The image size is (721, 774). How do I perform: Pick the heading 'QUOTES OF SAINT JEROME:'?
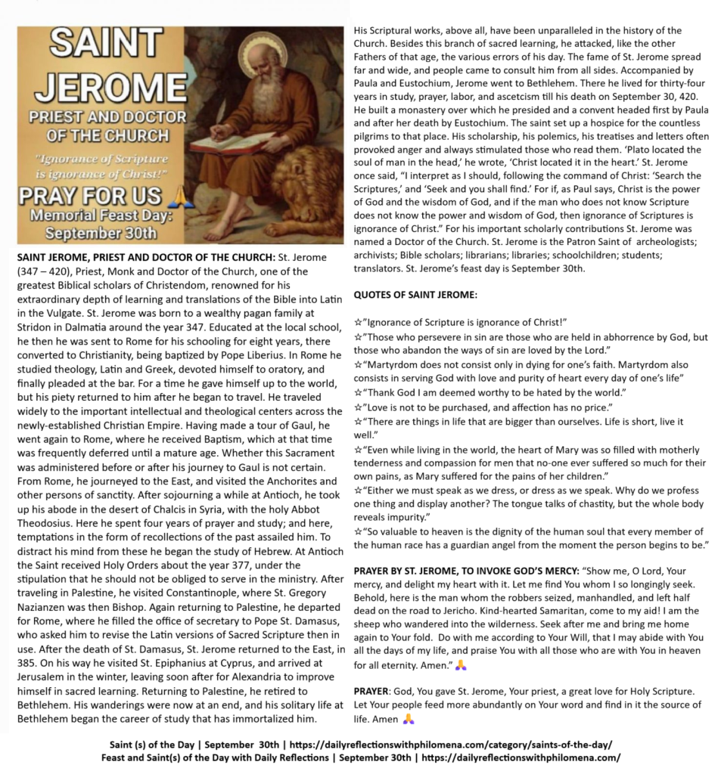pyautogui.click(x=415, y=294)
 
